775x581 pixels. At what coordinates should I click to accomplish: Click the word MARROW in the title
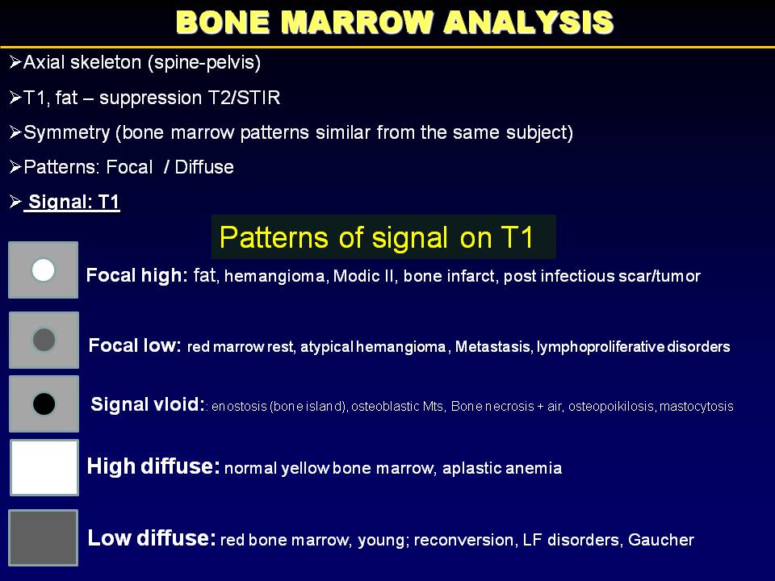[x=358, y=23]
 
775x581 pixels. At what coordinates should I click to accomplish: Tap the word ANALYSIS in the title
[x=528, y=23]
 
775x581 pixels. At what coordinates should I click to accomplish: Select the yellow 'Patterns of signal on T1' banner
[x=383, y=237]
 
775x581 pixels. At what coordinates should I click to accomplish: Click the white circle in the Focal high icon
[x=43, y=270]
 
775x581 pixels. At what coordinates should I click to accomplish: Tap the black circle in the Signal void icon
[x=44, y=403]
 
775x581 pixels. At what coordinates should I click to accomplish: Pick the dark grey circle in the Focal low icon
[x=44, y=340]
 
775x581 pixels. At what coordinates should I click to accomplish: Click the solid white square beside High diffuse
[x=44, y=467]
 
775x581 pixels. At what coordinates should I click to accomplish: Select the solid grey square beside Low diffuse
[x=44, y=537]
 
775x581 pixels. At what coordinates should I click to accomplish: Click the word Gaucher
[x=661, y=540]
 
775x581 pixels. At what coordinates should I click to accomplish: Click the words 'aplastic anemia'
[x=502, y=468]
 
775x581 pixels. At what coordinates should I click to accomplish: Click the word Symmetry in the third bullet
[x=67, y=133]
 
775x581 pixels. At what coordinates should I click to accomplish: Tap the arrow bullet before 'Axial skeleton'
[x=15, y=62]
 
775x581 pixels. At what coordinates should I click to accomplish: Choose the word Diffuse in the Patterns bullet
[x=204, y=167]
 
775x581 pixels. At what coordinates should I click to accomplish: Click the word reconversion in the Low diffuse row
[x=463, y=540]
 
